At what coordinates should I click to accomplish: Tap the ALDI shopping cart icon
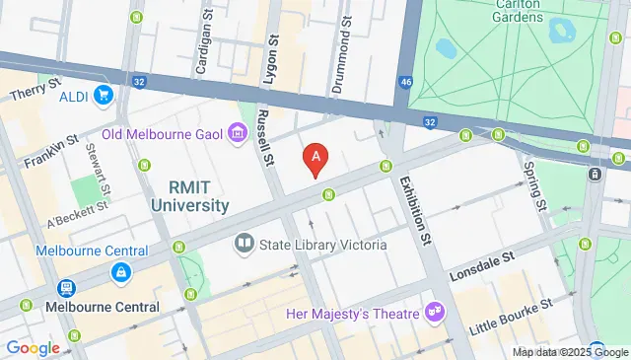pos(103,96)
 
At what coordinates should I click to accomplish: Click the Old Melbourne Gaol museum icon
pos(237,131)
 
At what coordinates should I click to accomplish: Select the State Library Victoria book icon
pos(244,243)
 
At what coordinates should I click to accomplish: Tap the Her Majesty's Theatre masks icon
pos(433,312)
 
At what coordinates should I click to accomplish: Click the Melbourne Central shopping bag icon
pos(119,270)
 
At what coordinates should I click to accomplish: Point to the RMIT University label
pos(190,197)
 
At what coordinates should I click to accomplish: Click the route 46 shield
pos(406,84)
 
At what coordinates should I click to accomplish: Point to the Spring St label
pos(533,186)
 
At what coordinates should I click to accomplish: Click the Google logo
pos(34,348)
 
